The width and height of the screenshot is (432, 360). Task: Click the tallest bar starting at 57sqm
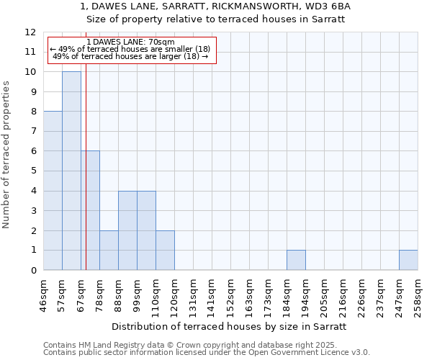pos(71,171)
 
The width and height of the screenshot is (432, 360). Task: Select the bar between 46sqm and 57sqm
pos(53,191)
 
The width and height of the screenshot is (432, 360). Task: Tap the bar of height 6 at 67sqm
pos(90,210)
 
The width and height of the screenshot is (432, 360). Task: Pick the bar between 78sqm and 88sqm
pos(109,250)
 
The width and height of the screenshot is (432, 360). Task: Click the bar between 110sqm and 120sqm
pos(165,250)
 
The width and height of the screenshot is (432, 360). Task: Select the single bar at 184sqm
pos(296,260)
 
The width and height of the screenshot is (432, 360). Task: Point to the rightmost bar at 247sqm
pos(408,260)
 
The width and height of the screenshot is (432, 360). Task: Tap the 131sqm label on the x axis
pos(193,297)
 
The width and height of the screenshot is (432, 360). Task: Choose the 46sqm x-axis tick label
pos(43,297)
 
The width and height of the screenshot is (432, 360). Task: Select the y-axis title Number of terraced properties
pos(7,155)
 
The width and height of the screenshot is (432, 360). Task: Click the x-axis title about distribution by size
pos(230,326)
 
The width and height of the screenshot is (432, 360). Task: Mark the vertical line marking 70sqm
pos(86,180)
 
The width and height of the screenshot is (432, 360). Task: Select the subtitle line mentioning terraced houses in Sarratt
pos(215,19)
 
